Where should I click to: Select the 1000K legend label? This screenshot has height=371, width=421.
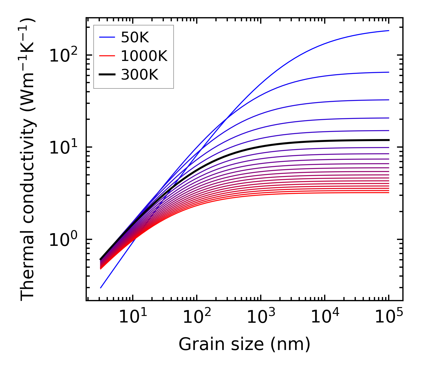(x=144, y=56)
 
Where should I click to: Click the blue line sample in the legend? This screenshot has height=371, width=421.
(x=107, y=37)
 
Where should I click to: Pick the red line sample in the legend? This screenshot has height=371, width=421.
(x=107, y=56)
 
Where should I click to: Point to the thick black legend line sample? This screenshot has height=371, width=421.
(x=107, y=75)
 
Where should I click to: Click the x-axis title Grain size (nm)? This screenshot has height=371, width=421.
(x=244, y=344)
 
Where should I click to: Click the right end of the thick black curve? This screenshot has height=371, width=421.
(x=388, y=140)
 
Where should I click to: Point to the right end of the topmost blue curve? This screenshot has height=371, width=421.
(x=388, y=30)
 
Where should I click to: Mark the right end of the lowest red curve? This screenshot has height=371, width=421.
(x=388, y=193)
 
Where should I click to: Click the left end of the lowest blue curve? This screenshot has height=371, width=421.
(x=101, y=288)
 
